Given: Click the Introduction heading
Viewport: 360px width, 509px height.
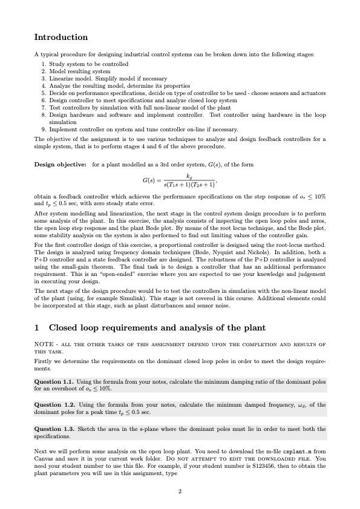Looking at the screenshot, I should pos(61,38).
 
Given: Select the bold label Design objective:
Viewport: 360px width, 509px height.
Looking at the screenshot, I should pos(60,164).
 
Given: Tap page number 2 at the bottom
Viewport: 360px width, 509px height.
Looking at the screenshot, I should pos(180,491).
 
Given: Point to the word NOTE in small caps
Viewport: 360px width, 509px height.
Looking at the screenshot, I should pos(44,344).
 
